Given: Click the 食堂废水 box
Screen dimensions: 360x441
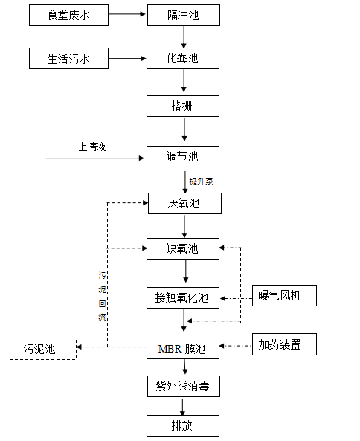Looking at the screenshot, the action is tap(68, 15).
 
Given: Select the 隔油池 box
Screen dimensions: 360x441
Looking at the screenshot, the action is tap(184, 15).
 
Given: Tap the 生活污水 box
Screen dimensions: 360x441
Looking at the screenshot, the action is tap(68, 59).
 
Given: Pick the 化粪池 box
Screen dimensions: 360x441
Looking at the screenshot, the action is tap(183, 59).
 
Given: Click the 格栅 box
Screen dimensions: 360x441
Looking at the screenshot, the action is tap(183, 106).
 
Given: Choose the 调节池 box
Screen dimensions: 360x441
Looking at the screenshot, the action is tap(183, 157).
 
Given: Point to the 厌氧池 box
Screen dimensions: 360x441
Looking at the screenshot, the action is tap(184, 203).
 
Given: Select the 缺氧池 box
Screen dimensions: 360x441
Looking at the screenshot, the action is tap(183, 249).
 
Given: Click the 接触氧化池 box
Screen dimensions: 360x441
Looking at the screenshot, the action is tap(183, 298).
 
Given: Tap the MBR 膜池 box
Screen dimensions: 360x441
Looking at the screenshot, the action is tap(183, 349).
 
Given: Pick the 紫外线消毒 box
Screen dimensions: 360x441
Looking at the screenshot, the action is tap(184, 387).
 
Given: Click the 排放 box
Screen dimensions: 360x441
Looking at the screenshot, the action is tap(183, 426).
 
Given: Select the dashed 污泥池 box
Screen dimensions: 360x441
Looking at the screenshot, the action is tap(42, 349).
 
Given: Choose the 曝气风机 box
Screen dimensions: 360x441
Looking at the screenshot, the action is tap(284, 295).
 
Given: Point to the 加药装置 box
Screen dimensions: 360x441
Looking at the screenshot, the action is tap(284, 344).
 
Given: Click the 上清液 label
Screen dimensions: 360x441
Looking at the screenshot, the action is tap(92, 147).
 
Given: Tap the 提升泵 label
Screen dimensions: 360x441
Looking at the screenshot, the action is tap(201, 181).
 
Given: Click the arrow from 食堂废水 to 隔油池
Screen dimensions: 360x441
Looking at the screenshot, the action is tap(127, 14).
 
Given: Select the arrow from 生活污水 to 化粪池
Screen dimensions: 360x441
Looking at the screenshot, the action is tap(127, 59).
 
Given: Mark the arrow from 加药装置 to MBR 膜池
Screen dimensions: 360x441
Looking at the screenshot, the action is tap(235, 346).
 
